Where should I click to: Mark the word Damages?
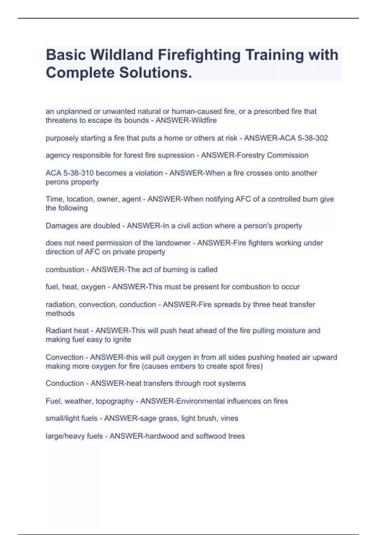pyautogui.click(x=58, y=226)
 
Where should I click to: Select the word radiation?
pyautogui.click(x=61, y=305)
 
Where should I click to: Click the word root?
pyautogui.click(x=210, y=383)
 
